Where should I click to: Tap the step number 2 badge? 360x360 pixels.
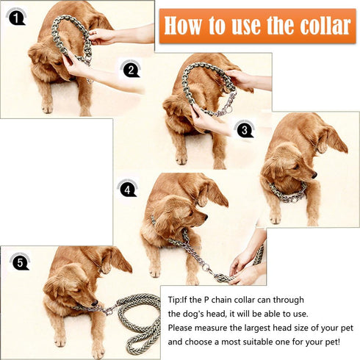(x=130, y=70)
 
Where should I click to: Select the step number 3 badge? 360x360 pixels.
(x=242, y=129)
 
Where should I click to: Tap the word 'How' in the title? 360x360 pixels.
(x=181, y=26)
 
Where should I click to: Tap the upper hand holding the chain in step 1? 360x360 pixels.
(x=103, y=35)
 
